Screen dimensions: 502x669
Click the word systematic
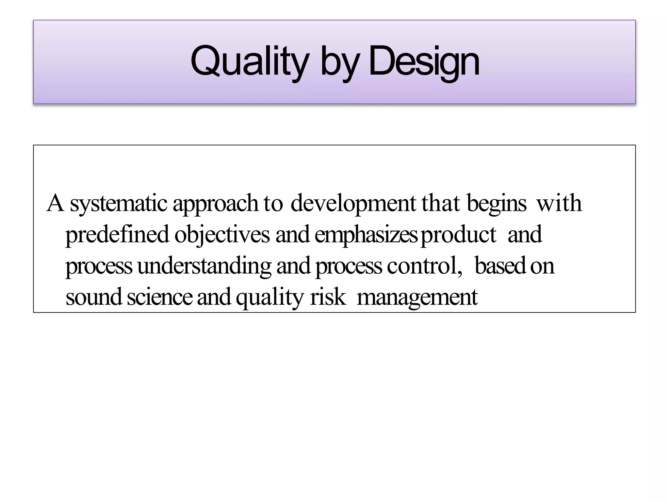pyautogui.click(x=119, y=203)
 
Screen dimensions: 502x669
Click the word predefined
pyautogui.click(x=117, y=235)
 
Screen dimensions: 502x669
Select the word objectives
pyautogui.click(x=222, y=235)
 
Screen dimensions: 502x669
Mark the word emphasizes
pyautogui.click(x=366, y=235)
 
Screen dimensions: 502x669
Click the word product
pyautogui.click(x=458, y=235)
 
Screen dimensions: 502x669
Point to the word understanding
pyautogui.click(x=204, y=266)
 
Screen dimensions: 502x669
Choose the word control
pyautogui.click(x=424, y=265)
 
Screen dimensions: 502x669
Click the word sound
pyautogui.click(x=94, y=297)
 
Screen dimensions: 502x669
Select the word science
pyautogui.click(x=160, y=297)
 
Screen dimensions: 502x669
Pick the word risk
pyautogui.click(x=328, y=297)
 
